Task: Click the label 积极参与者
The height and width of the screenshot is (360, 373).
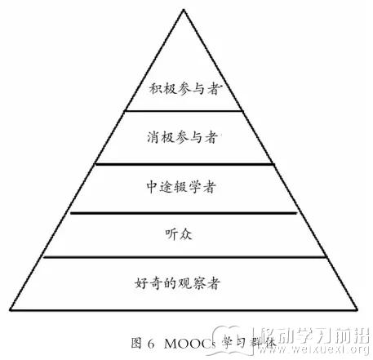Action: (184, 88)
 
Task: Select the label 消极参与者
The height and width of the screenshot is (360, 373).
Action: (183, 137)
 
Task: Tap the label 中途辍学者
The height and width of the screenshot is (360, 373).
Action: (181, 187)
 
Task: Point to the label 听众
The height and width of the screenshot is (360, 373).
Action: (179, 234)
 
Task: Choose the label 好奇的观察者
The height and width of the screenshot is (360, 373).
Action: (177, 283)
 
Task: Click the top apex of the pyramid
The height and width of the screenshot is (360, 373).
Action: (184, 10)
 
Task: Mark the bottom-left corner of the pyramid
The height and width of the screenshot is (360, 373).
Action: (11, 309)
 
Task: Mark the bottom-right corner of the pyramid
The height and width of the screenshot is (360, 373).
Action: (357, 309)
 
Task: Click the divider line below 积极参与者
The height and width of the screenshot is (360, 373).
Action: (184, 111)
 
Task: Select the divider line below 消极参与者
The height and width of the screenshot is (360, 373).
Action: (184, 164)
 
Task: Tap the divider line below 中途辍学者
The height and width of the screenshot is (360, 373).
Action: (184, 213)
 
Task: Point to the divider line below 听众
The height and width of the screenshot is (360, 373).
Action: (184, 256)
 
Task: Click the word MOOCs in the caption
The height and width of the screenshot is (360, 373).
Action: (190, 344)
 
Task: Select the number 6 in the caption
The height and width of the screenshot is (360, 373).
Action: (151, 344)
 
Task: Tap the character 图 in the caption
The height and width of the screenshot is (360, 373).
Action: (136, 343)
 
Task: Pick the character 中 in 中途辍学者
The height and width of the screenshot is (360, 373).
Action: (152, 187)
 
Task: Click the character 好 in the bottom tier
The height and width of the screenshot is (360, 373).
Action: (141, 283)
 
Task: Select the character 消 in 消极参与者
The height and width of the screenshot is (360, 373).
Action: (153, 137)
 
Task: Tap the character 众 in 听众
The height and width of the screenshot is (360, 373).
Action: (186, 234)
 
